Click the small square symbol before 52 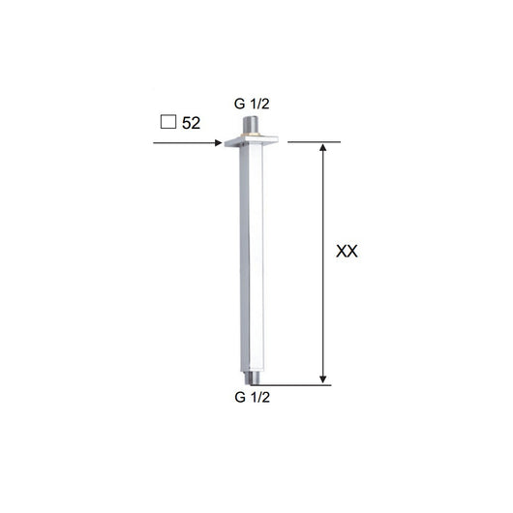pos(167,123)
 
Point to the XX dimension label pos(347,252)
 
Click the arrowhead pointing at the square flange pos(218,144)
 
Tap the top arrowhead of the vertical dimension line pos(323,148)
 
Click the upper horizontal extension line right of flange pos(315,141)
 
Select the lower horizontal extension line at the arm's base pos(300,383)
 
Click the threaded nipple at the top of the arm pos(249,124)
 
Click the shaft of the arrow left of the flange pos(184,144)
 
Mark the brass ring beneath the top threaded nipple pos(249,134)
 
